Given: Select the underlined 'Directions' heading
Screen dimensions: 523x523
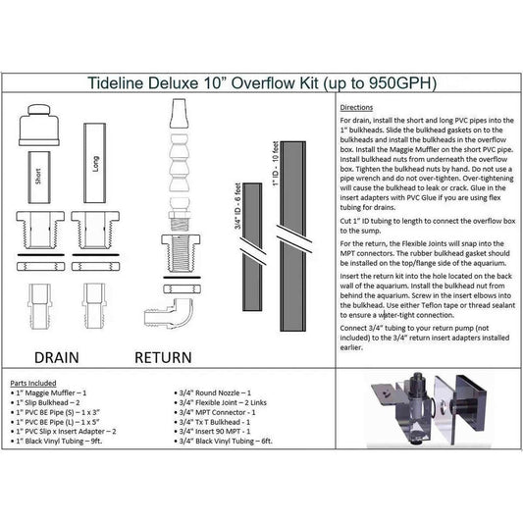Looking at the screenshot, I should click(x=357, y=106).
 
